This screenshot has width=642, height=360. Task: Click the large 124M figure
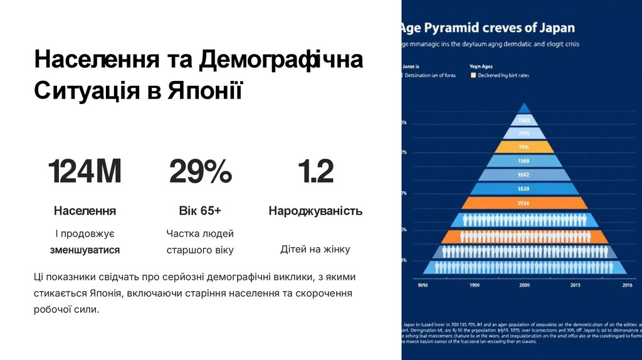click(x=85, y=172)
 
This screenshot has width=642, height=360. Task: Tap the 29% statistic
click(x=200, y=172)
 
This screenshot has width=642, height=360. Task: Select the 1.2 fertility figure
click(x=315, y=172)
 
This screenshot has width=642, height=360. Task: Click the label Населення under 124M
click(x=85, y=211)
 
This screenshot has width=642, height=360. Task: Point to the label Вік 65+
click(x=200, y=211)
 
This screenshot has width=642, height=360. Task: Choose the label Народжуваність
click(x=315, y=211)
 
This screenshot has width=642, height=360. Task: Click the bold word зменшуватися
click(x=85, y=250)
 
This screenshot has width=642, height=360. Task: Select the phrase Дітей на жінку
click(x=315, y=250)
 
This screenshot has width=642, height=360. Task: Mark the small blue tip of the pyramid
click(x=524, y=108)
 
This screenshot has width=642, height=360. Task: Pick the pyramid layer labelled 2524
click(x=524, y=203)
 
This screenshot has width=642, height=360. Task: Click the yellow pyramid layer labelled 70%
click(x=524, y=147)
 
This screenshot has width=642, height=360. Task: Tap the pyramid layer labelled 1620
click(x=524, y=188)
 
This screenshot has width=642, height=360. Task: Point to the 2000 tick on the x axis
click(x=524, y=285)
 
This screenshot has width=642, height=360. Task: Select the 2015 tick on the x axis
click(x=576, y=285)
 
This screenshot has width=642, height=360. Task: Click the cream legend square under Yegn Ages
click(x=473, y=75)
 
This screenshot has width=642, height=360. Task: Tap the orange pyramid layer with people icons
click(x=524, y=236)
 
